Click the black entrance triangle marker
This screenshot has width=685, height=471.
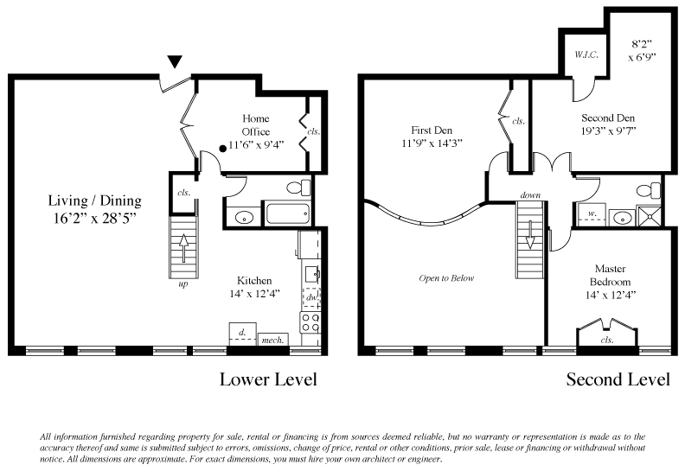click(x=175, y=62)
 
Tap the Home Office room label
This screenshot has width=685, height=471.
click(x=256, y=124)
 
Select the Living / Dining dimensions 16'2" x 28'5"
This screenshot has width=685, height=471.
click(x=95, y=218)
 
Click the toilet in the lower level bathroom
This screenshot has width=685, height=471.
click(x=299, y=188)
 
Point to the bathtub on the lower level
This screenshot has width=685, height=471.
click(x=288, y=213)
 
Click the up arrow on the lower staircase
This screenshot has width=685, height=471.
click(x=183, y=248)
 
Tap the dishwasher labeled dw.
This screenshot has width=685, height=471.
click(x=311, y=297)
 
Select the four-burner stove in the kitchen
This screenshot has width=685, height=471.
click(x=310, y=323)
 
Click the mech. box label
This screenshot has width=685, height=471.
click(x=272, y=340)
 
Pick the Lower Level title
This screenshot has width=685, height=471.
click(x=268, y=379)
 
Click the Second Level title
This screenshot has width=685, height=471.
click(x=618, y=379)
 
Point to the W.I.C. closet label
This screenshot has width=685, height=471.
click(x=586, y=55)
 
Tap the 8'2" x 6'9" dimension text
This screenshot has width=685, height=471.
click(x=642, y=50)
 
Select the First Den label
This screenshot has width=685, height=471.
click(x=432, y=130)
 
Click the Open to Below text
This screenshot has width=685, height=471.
click(x=446, y=278)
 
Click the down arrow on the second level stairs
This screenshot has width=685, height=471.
click(x=530, y=234)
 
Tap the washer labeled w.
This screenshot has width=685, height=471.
click(x=592, y=214)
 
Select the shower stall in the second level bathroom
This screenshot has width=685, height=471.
click(x=649, y=216)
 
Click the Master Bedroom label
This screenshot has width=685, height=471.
click(x=611, y=275)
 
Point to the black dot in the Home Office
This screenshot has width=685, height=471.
click(x=223, y=149)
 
